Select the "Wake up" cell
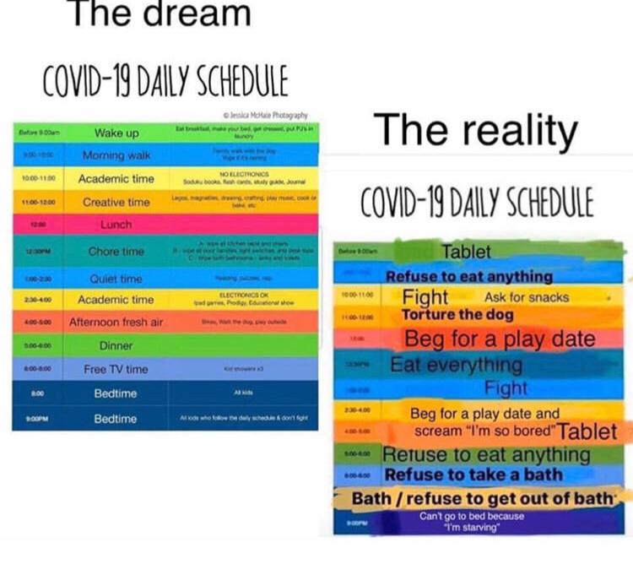[116, 133]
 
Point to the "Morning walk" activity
[116, 155]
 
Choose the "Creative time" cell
[116, 202]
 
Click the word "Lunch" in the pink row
[116, 225]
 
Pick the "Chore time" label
[116, 252]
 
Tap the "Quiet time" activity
[116, 279]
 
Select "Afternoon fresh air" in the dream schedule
[116, 322]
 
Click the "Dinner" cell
[116, 345]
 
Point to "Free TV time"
[116, 369]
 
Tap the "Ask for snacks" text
[527, 297]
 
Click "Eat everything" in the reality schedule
[457, 365]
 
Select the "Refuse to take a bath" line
[473, 475]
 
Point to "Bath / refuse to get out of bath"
[485, 498]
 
